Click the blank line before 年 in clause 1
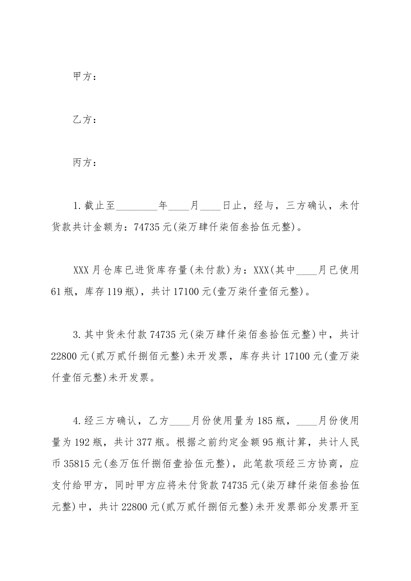137,206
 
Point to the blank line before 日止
211,206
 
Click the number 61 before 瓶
57,292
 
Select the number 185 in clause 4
264,420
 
